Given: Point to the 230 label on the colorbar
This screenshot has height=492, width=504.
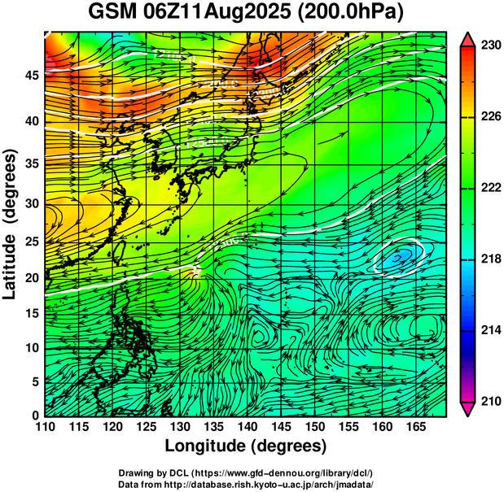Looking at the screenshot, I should pos(489,46).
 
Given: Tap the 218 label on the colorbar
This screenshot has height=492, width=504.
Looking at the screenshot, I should pos(489,259).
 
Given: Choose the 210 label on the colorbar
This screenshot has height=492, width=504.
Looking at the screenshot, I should pos(489,401).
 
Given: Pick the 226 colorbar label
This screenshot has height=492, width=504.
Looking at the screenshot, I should pos(489,116).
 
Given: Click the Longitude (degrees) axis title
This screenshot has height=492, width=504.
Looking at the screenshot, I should pos(246,446).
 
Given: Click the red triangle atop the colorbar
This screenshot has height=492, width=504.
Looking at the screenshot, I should pos(468,39).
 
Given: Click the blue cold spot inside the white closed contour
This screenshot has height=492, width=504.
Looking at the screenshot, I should pos(401,257).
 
